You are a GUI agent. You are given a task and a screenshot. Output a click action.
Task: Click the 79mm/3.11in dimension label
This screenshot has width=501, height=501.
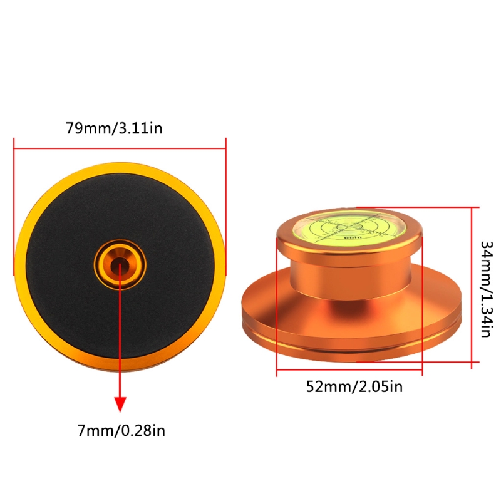coord(114,128)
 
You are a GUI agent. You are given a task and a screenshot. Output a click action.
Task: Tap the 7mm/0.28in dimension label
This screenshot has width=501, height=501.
coord(121,430)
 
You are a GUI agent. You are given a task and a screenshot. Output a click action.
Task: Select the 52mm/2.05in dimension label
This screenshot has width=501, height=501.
coord(354,386)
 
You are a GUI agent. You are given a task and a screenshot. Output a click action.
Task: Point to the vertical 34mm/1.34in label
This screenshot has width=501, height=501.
coord(487,289)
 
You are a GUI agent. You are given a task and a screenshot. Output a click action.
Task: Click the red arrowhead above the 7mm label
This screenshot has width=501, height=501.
coord(120,405)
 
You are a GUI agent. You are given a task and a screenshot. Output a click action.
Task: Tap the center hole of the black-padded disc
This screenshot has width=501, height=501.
coord(120,265)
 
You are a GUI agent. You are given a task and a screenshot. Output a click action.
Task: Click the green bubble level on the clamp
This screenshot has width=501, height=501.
coord(349,228)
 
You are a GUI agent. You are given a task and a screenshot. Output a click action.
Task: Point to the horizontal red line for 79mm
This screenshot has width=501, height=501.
coord(120,148)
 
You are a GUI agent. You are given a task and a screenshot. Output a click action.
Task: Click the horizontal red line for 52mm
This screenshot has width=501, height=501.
coord(349,369)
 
